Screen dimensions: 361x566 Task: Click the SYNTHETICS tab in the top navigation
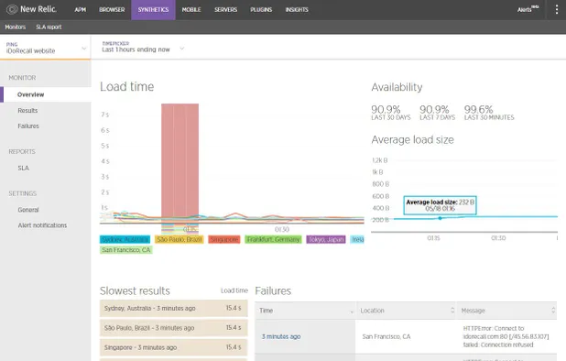pyautogui.click(x=153, y=10)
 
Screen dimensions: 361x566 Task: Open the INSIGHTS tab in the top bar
pyautogui.click(x=297, y=10)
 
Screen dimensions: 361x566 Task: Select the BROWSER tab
pyautogui.click(x=111, y=10)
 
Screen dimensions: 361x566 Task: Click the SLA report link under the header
pyautogui.click(x=49, y=27)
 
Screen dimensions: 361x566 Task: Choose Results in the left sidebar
pyautogui.click(x=27, y=110)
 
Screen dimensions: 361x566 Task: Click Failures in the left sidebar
pyautogui.click(x=28, y=126)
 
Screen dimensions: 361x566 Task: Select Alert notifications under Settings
pyautogui.click(x=42, y=224)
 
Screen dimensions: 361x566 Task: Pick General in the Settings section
pyautogui.click(x=28, y=210)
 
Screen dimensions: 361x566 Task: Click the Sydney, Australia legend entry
pyautogui.click(x=125, y=239)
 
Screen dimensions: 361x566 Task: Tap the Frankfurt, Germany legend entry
pyautogui.click(x=273, y=239)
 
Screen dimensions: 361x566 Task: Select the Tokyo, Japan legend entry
pyautogui.click(x=327, y=239)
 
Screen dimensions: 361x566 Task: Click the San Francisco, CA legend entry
pyautogui.click(x=126, y=250)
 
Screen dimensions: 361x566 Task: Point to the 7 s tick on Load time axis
pyautogui.click(x=105, y=115)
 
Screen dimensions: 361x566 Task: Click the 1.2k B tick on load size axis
pyautogui.click(x=377, y=159)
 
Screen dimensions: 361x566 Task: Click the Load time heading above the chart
pyautogui.click(x=127, y=86)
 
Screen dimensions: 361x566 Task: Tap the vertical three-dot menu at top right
pyautogui.click(x=556, y=10)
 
